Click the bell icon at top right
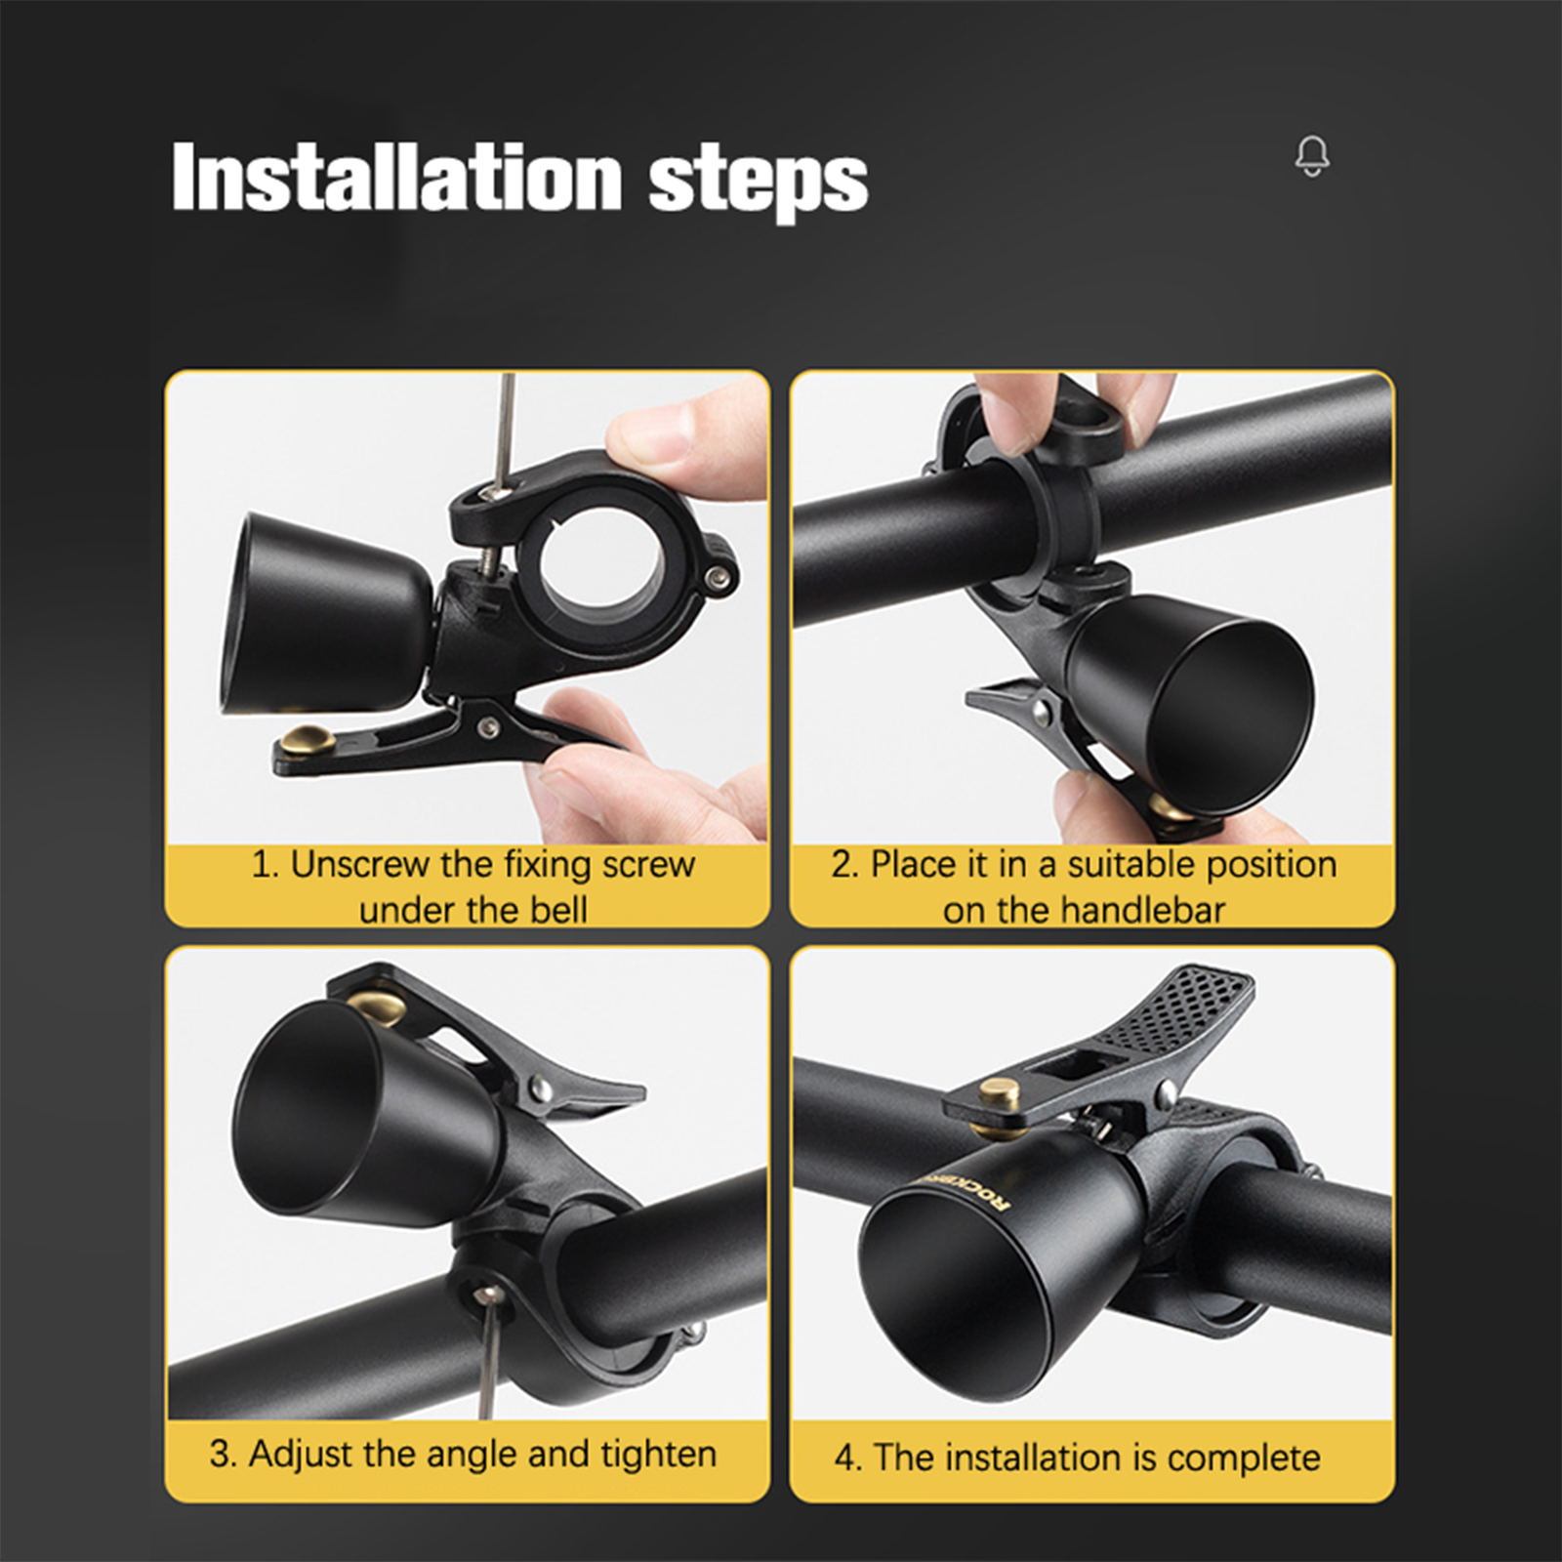[x=1312, y=156]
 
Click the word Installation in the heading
[x=396, y=177]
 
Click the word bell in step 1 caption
[x=558, y=911]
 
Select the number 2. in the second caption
[x=845, y=866]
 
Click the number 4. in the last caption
[x=848, y=1459]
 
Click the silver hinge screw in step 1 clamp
[x=720, y=580]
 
